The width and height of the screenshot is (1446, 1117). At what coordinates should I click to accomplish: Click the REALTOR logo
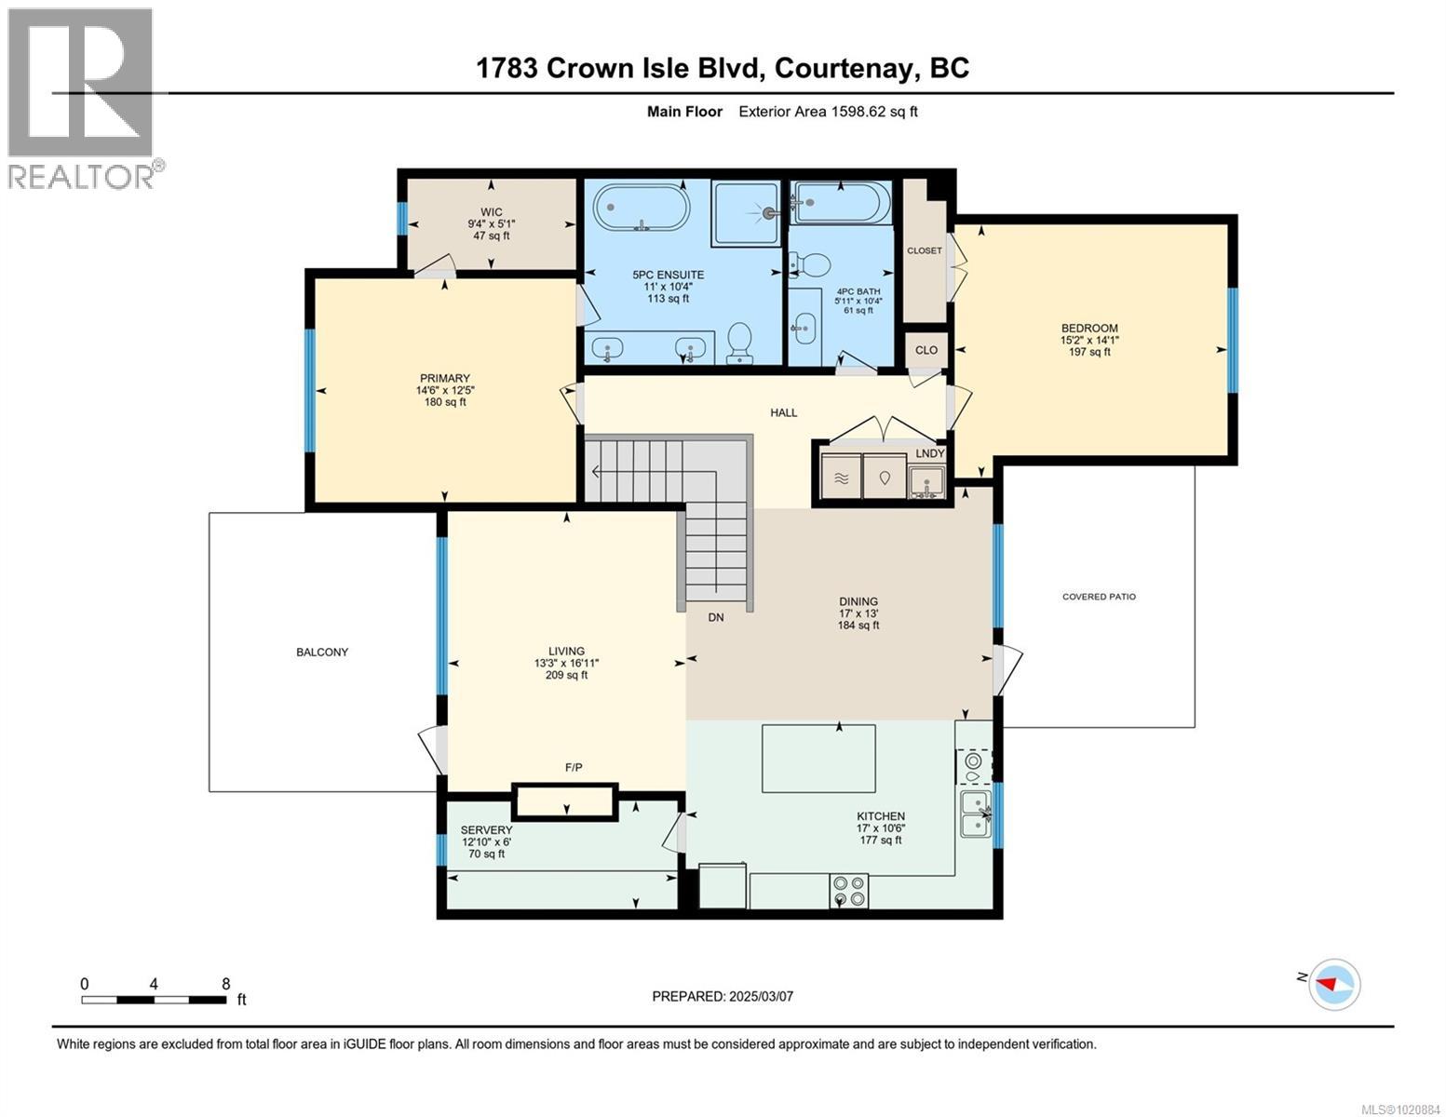click(x=86, y=99)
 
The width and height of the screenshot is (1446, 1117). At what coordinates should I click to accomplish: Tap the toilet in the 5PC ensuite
click(x=738, y=343)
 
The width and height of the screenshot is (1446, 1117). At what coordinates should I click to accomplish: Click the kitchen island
click(x=818, y=759)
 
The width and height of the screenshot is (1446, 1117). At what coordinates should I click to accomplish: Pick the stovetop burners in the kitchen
click(x=849, y=892)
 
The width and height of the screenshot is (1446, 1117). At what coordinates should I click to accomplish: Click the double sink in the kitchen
click(x=976, y=815)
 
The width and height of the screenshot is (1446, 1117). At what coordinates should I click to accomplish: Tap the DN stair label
click(x=716, y=617)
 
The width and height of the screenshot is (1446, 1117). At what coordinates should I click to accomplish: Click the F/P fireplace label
click(x=574, y=768)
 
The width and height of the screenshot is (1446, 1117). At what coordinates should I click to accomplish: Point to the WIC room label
click(x=492, y=213)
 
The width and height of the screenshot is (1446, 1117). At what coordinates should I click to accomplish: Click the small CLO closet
click(x=926, y=350)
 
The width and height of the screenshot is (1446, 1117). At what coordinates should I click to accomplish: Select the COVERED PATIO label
click(x=1099, y=597)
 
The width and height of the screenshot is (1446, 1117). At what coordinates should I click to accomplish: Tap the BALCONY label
click(x=322, y=652)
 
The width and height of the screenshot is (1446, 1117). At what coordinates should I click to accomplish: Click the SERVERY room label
click(x=486, y=829)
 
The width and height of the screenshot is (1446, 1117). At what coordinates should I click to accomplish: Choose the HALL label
click(x=784, y=412)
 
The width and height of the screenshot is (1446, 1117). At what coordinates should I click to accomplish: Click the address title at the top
click(x=723, y=68)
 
